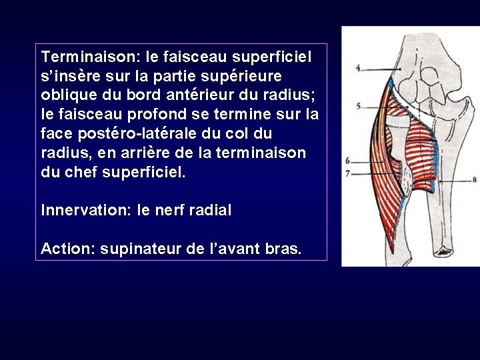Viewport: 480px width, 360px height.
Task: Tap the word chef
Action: pos(81,173)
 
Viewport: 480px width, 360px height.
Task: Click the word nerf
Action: pos(169,211)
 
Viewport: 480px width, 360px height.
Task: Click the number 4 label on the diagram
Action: pos(358,67)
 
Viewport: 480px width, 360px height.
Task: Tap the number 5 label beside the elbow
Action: pos(358,106)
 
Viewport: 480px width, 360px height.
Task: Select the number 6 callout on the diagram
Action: pos(348,161)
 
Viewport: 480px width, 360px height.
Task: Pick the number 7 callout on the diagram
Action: pos(348,173)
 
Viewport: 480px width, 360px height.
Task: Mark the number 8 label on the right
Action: pos(474,179)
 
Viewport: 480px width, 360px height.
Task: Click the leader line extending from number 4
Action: pos(383,69)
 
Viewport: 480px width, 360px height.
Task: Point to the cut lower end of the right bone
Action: pos(443,252)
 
